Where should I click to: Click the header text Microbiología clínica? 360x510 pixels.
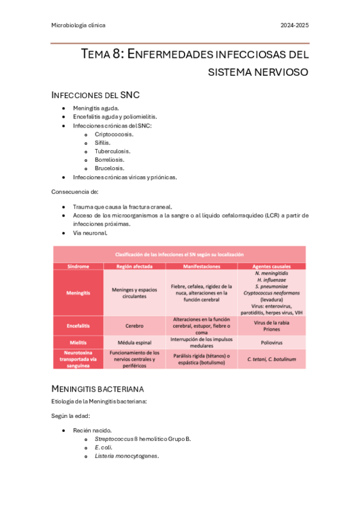tap(78, 25)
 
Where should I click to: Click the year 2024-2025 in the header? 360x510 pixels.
tap(295, 25)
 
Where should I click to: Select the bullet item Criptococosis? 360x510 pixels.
tap(114, 134)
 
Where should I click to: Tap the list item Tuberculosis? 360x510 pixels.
tap(112, 151)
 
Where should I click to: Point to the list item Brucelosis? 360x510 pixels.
tap(109, 168)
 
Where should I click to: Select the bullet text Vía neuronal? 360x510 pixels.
tap(90, 232)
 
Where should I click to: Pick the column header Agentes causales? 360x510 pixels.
tap(272, 266)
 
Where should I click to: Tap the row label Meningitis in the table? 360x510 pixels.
tap(78, 293)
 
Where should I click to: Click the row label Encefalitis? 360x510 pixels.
tap(78, 325)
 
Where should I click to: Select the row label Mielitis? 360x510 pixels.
tap(78, 342)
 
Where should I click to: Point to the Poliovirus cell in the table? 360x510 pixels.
tap(272, 342)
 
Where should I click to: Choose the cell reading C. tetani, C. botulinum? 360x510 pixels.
tap(272, 358)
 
